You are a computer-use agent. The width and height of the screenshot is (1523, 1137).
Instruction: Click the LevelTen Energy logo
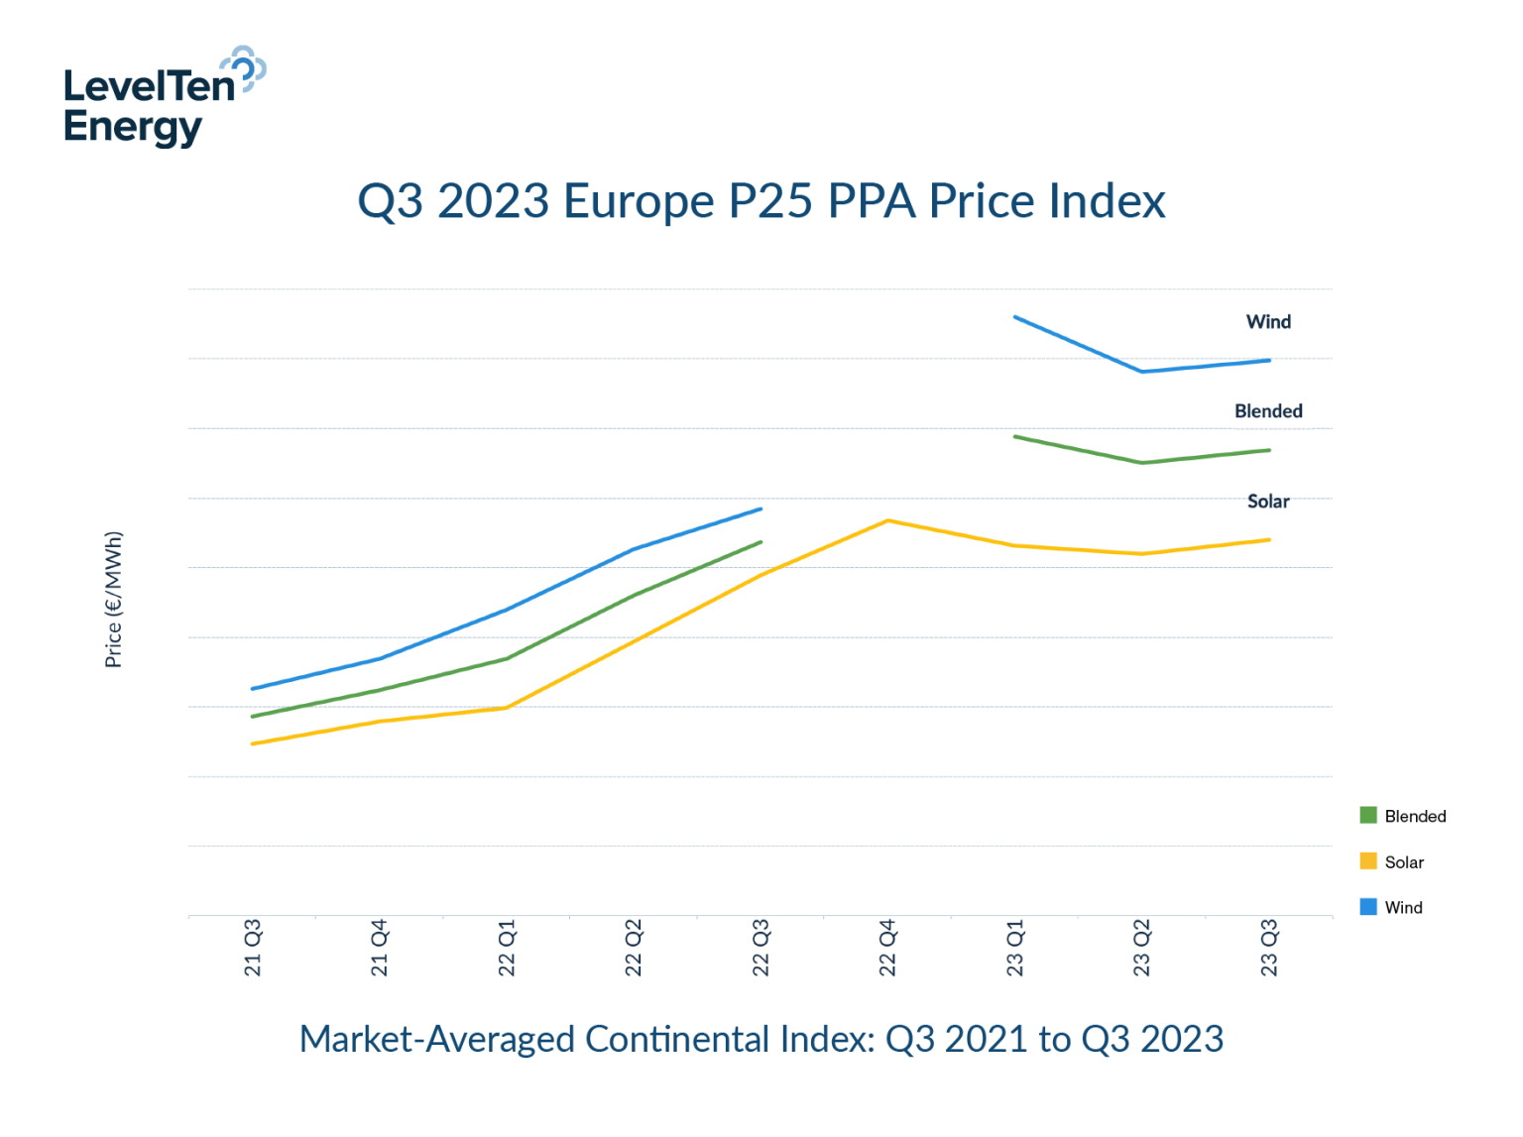164,97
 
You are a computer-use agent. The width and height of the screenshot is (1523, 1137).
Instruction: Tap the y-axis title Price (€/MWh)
114,600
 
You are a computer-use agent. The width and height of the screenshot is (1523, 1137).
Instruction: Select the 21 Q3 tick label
253,948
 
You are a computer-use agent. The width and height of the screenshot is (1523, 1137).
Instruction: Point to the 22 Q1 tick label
507,948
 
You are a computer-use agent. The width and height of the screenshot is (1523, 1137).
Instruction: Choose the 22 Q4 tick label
887,948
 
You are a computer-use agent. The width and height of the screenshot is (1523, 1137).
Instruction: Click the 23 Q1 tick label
1014,948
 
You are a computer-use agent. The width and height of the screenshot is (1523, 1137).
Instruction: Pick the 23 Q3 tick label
1268,948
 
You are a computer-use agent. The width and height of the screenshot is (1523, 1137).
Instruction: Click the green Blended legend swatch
1368,815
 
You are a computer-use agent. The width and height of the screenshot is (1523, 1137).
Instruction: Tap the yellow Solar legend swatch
1368,860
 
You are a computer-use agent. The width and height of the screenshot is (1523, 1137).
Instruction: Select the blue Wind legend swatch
1368,906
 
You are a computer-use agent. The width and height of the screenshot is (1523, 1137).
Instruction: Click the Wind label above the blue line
1268,322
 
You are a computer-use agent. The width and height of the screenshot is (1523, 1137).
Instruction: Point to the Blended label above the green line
1268,411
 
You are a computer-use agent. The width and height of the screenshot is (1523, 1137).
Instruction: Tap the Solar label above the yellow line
1268,502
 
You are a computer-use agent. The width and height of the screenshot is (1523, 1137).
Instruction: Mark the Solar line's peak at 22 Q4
887,520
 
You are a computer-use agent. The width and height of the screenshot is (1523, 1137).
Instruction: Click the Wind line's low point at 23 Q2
1142,372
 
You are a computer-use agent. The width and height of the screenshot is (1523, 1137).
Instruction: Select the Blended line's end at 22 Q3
761,542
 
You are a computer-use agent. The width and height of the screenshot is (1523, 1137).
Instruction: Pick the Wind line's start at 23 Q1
1015,317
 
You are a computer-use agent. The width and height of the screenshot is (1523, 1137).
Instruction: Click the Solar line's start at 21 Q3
253,743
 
